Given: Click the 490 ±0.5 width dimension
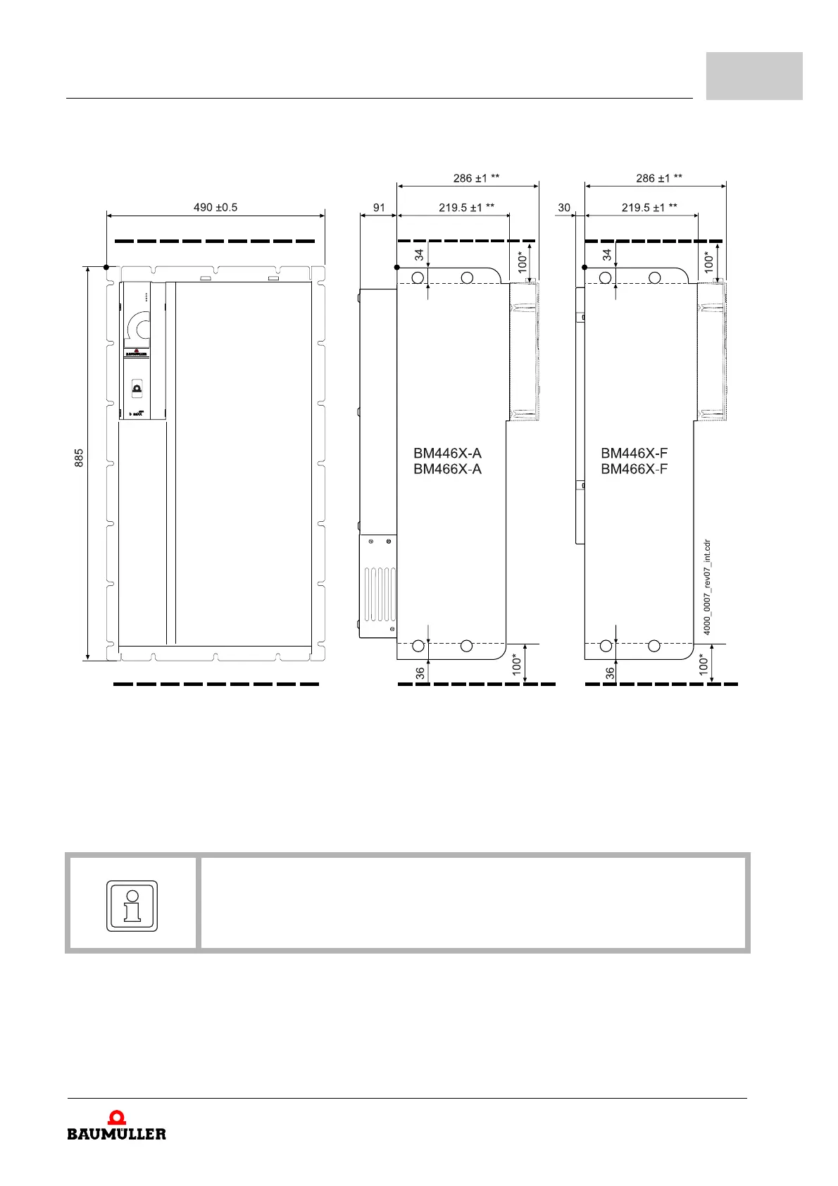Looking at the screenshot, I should (x=215, y=208).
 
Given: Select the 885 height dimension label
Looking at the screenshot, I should (x=79, y=458).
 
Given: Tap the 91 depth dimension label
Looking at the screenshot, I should (x=379, y=208).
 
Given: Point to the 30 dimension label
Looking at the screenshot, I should (x=564, y=208).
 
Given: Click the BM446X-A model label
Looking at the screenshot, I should (x=447, y=453).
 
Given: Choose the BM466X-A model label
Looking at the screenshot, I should (x=447, y=470).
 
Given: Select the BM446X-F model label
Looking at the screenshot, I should (x=634, y=453).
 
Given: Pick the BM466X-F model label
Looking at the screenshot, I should (x=634, y=470).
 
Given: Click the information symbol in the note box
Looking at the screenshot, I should (x=132, y=906).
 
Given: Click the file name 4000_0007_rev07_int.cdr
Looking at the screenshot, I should (x=707, y=587).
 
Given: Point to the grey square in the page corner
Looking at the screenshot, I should (x=754, y=75).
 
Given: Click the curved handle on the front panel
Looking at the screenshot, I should (x=138, y=327).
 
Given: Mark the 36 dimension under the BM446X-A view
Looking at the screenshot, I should (x=420, y=673).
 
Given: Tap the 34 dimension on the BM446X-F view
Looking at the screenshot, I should (x=607, y=256).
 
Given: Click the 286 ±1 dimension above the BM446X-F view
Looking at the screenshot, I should (x=658, y=178).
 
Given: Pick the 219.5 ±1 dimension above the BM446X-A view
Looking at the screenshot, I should (x=466, y=208).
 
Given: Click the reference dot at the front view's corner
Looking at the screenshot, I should (x=106, y=267).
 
